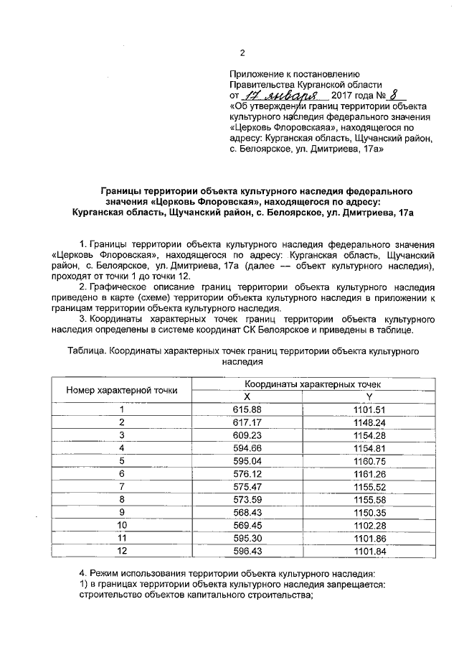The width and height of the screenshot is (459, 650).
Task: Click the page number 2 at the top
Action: point(242,53)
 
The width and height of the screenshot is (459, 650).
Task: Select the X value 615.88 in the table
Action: point(246,409)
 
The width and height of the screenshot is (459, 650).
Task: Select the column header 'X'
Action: point(246,396)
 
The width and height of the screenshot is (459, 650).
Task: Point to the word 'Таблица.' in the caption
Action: point(86,350)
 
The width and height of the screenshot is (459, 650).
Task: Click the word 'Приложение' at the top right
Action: point(254,74)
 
